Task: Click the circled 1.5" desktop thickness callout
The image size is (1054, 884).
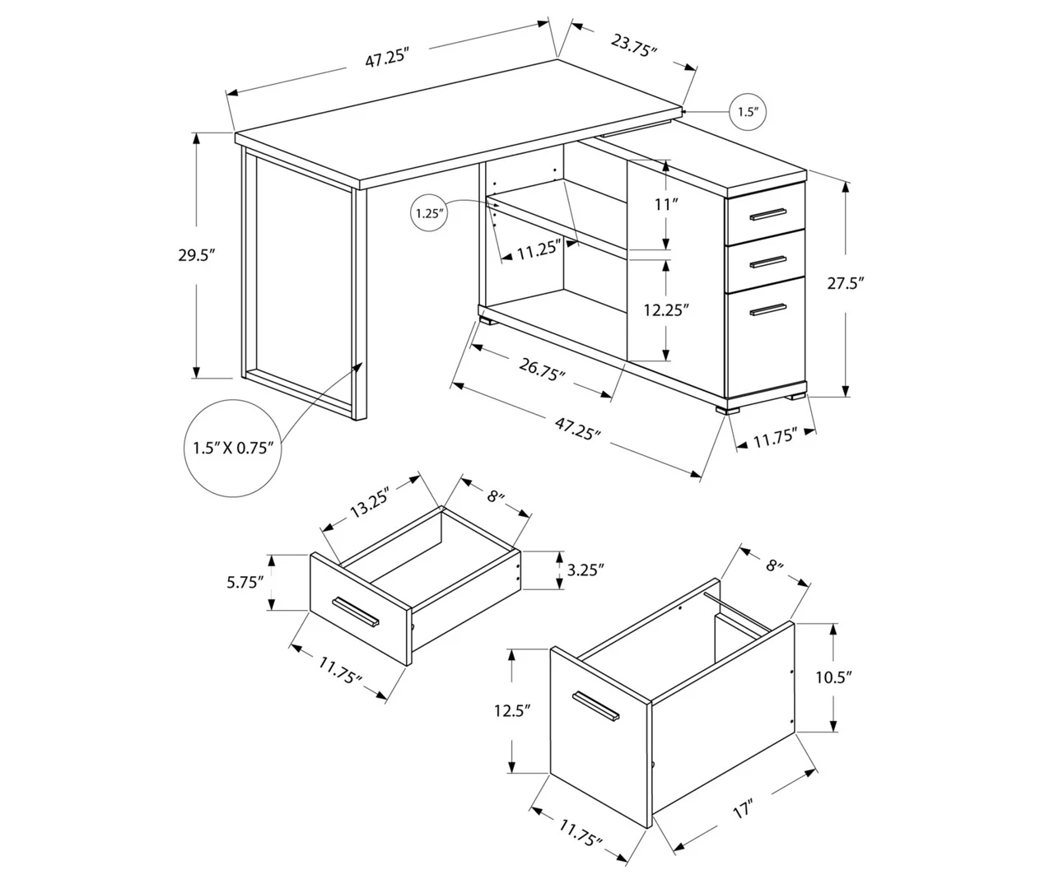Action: coord(747,112)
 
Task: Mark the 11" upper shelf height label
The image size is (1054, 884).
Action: coord(665,204)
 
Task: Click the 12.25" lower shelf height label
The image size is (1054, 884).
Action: coord(665,309)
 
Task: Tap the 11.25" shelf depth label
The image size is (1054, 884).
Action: coord(539,249)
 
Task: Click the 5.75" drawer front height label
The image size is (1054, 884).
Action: coord(245,582)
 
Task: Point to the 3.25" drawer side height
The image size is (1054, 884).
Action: coord(585,569)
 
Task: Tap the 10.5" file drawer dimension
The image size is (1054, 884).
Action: coord(832,677)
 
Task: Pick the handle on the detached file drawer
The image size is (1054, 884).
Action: coord(595,706)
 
